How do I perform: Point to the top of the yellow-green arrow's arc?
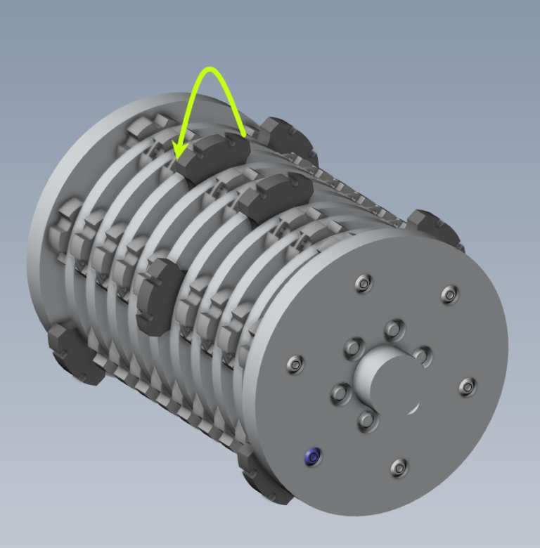[209, 70]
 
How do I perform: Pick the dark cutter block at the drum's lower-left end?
[74, 354]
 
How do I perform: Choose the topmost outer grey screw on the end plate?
[364, 283]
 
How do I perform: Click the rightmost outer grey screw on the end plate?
[468, 386]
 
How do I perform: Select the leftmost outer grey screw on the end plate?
[295, 364]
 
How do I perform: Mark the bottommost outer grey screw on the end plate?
[399, 466]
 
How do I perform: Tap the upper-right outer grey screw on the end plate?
[449, 294]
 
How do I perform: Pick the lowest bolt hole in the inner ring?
[367, 420]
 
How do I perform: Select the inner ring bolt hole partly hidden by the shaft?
[422, 355]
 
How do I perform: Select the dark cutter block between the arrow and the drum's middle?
[275, 193]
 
